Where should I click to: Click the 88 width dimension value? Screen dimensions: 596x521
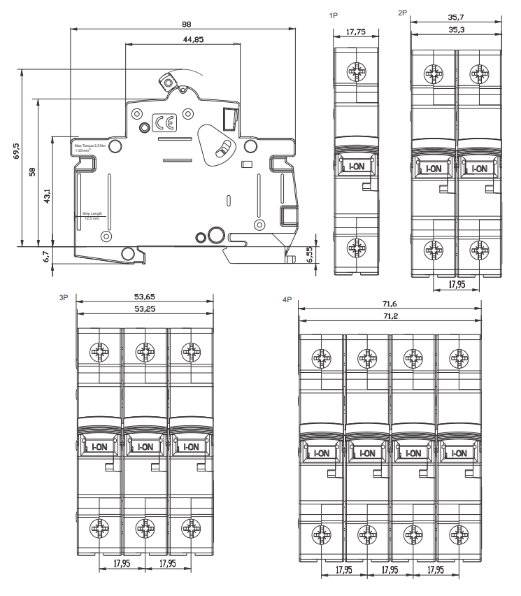click(186, 24)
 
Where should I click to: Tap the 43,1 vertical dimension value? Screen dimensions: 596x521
click(47, 198)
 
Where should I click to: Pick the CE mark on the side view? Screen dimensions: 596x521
click(166, 124)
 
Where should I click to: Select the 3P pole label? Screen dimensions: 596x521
click(64, 297)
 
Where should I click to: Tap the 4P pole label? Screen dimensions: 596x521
click(287, 299)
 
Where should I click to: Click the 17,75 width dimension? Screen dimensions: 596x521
click(357, 31)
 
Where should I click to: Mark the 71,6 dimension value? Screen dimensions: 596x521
click(389, 304)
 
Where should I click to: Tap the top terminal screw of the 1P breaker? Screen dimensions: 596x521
click(357, 71)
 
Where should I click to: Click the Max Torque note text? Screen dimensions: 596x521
click(90, 146)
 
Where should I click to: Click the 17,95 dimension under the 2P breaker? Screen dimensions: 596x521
click(457, 285)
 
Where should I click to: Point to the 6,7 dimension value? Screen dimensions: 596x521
click(46, 256)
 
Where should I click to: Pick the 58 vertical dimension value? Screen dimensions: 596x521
click(32, 171)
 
